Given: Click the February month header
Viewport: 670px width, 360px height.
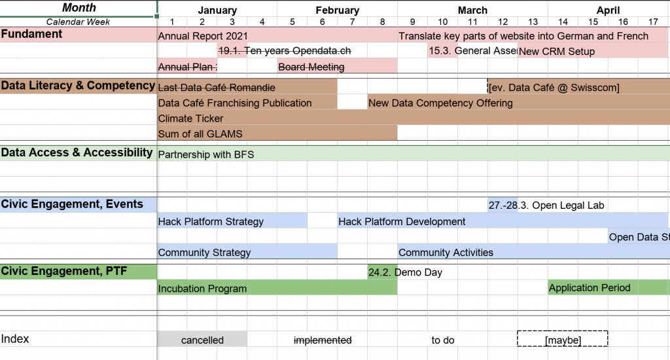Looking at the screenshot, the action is (337, 10).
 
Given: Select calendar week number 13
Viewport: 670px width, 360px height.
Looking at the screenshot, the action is (533, 22).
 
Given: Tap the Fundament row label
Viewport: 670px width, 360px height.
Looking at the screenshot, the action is (31, 34).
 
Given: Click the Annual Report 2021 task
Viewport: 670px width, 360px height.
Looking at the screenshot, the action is (203, 36).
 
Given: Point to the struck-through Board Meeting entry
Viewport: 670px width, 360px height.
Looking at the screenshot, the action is (311, 67).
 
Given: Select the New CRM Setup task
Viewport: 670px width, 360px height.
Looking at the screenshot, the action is (556, 51).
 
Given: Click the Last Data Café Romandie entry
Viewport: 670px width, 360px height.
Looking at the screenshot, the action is (217, 88).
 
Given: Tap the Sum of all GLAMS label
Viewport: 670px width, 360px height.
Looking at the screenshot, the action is (200, 134).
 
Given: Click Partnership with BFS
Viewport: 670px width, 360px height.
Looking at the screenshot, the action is (206, 154).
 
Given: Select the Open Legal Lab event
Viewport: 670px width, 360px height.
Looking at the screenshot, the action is (546, 206).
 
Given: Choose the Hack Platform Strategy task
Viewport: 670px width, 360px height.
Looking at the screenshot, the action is (211, 221).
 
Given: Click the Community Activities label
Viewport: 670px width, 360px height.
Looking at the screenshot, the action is (446, 253).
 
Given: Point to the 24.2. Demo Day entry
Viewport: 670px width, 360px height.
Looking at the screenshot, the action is (405, 272).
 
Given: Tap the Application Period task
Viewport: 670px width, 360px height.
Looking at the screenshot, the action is (590, 288).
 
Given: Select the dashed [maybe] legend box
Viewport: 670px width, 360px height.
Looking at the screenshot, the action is (562, 338).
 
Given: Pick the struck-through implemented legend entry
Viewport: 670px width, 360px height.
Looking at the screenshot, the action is (323, 340).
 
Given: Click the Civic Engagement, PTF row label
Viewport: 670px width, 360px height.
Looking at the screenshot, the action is (64, 271).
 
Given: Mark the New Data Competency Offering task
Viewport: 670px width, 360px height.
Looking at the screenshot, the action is (440, 103).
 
